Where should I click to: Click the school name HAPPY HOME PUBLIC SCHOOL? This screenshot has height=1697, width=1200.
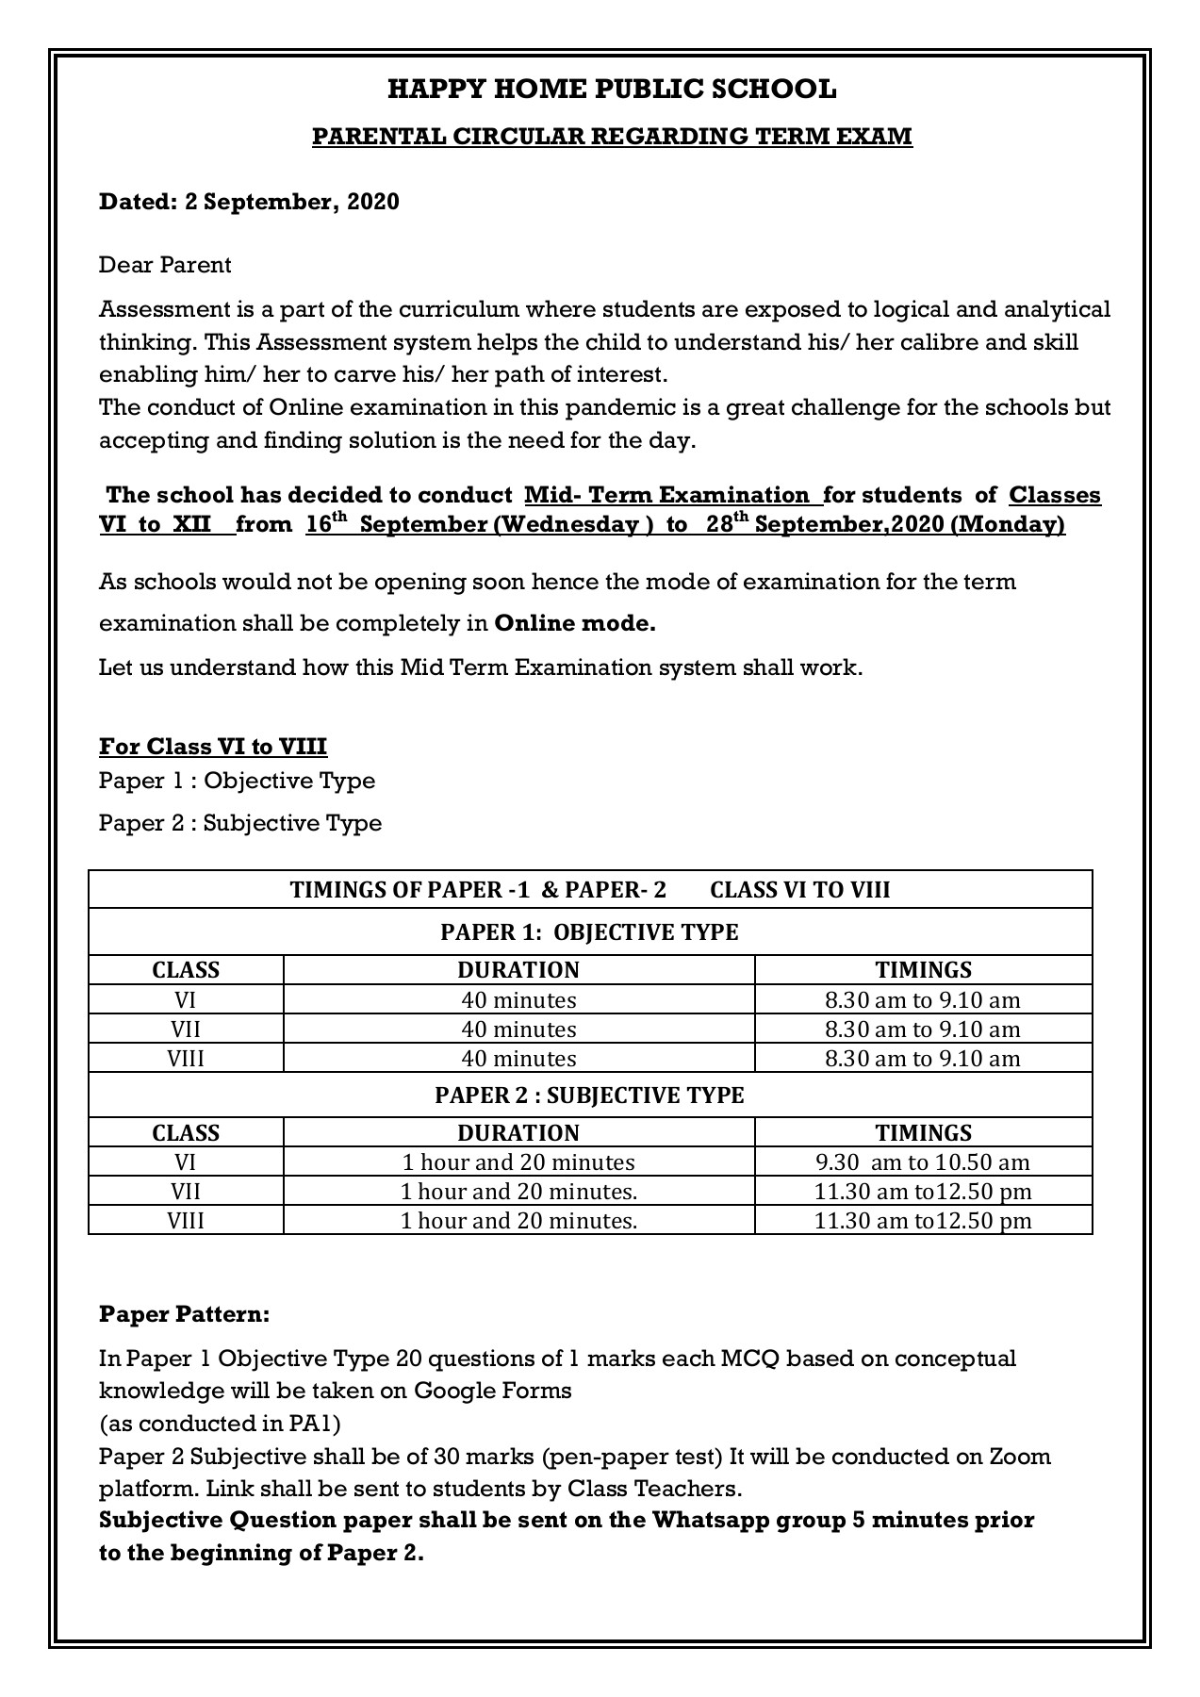click(612, 90)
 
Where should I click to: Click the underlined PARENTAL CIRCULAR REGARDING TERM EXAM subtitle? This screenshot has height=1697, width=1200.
click(612, 137)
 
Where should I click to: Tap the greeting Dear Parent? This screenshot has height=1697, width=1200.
click(165, 265)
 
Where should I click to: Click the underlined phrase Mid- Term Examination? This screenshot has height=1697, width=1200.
click(666, 495)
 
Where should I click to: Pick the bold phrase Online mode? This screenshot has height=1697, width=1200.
click(574, 623)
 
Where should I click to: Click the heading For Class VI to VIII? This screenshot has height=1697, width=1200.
click(213, 747)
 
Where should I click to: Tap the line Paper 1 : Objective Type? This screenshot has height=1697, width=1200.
click(237, 781)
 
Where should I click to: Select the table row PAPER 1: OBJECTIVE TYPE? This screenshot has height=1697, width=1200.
click(589, 932)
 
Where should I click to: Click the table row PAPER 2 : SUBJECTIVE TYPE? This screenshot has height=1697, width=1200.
click(589, 1095)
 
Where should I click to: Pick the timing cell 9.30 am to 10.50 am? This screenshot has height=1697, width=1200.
click(922, 1162)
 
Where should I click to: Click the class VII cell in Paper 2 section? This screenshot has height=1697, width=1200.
click(186, 1192)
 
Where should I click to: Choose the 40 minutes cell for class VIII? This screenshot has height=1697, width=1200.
click(518, 1059)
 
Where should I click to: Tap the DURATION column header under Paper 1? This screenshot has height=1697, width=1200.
click(518, 970)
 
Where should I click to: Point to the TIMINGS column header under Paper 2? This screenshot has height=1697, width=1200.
click(923, 1133)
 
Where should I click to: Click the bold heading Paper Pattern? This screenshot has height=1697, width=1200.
click(185, 1314)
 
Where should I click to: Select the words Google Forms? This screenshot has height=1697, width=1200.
click(493, 1391)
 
